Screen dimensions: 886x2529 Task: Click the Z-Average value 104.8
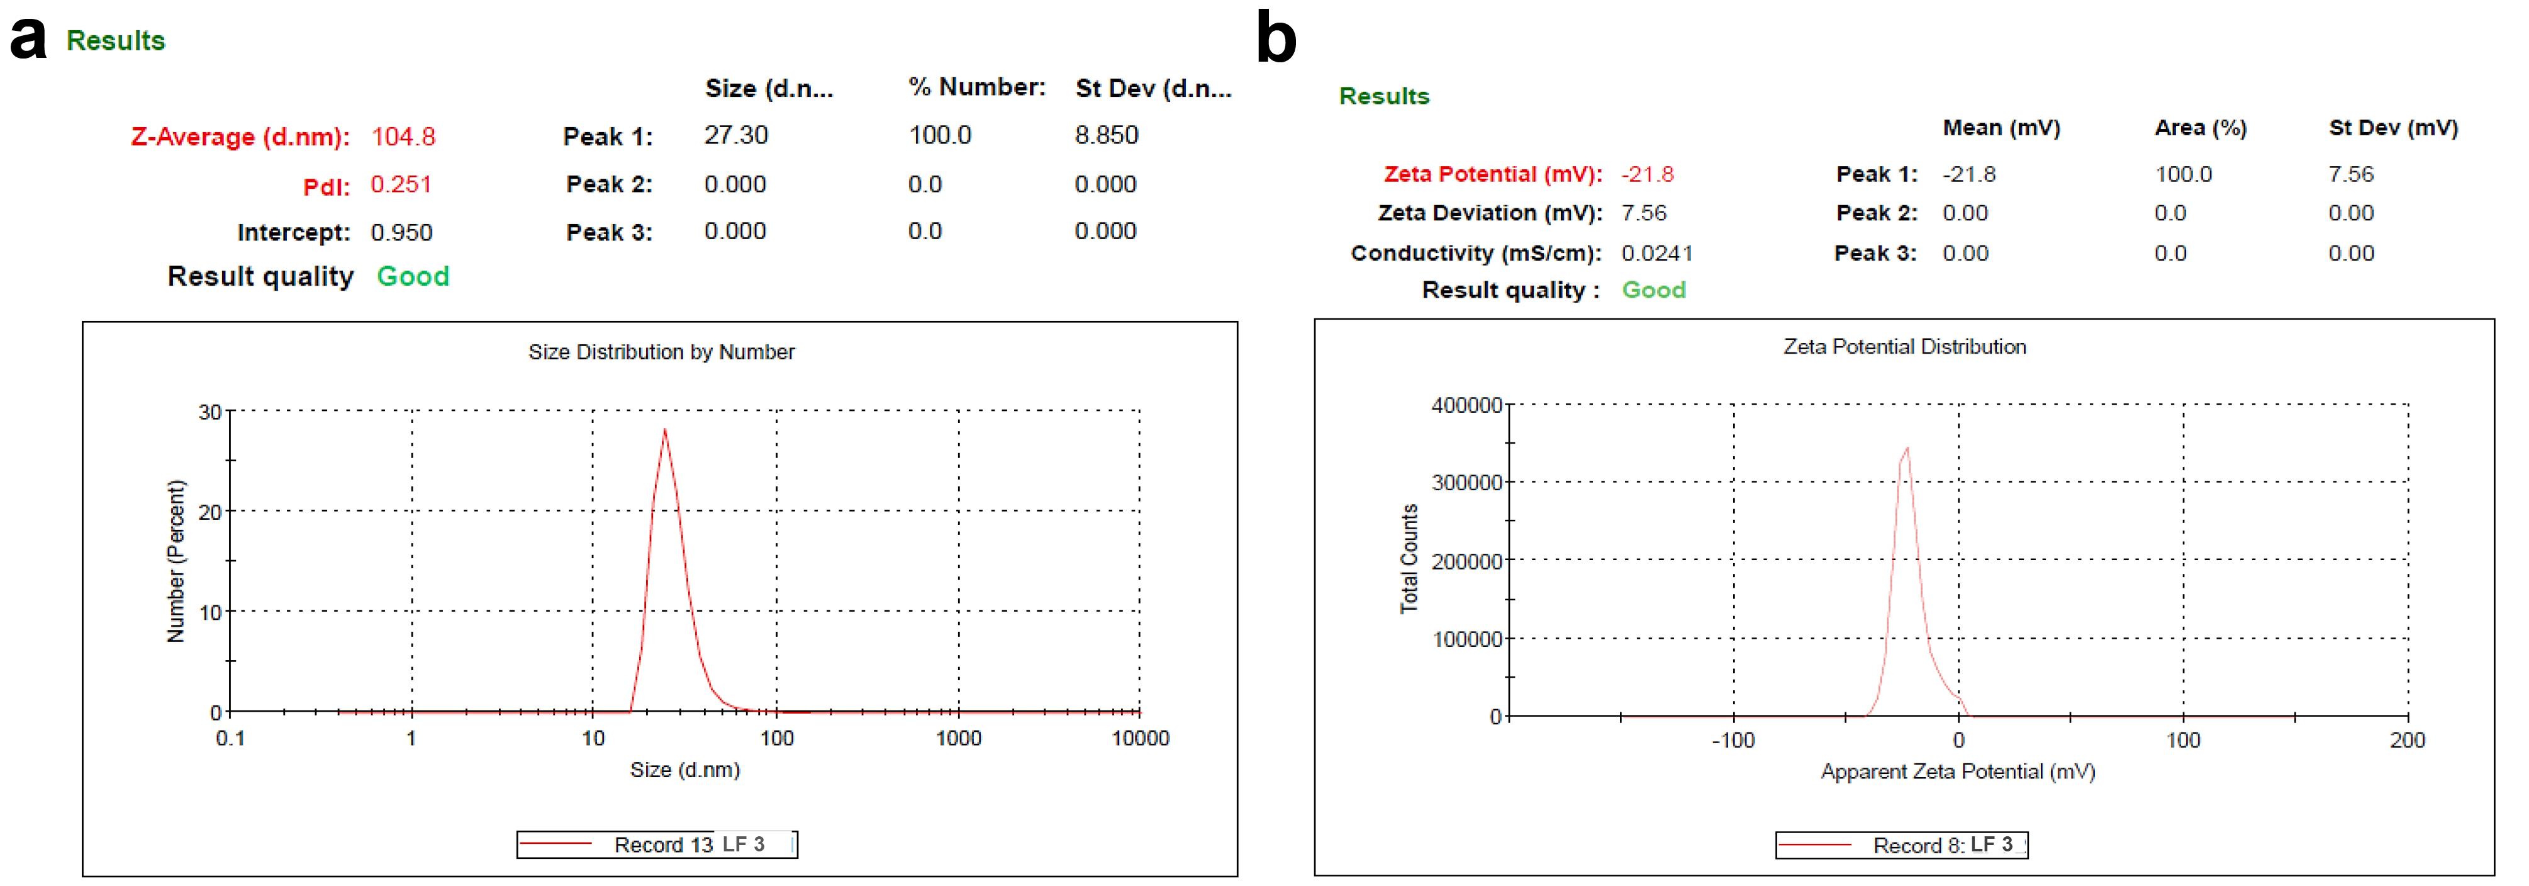tap(403, 137)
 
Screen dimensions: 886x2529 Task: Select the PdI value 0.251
tap(401, 184)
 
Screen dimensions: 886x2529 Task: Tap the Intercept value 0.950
tap(401, 233)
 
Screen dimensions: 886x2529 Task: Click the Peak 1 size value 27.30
tap(735, 135)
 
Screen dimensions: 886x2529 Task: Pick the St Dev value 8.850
tap(1107, 135)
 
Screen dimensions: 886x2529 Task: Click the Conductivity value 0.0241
tap(1657, 254)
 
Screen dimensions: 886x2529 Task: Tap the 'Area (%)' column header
tap(2200, 128)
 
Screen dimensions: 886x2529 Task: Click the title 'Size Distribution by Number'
tap(661, 352)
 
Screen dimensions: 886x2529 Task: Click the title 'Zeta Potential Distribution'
tap(1904, 347)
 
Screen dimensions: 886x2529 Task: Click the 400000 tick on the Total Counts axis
tap(1466, 405)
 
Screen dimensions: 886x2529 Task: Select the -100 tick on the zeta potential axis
tap(1733, 741)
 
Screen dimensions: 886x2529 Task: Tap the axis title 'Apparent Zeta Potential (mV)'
tap(1958, 772)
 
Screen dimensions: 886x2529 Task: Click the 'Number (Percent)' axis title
tap(176, 561)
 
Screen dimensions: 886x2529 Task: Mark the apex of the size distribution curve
tap(664, 429)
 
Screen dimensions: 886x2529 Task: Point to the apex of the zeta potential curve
tap(1907, 448)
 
